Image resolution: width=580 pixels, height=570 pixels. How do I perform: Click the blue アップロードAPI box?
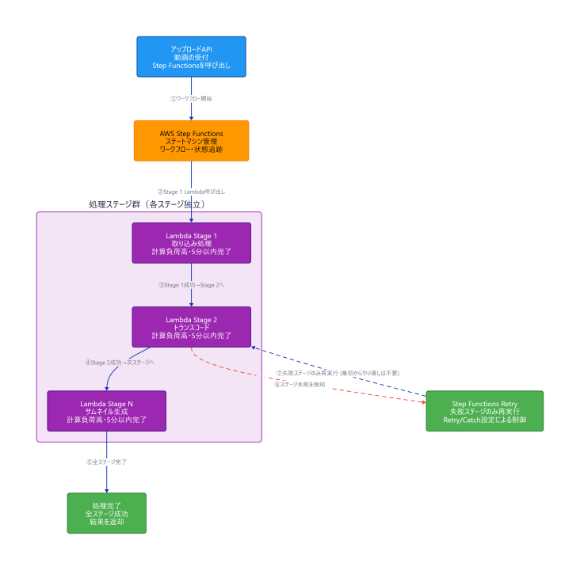[x=191, y=56]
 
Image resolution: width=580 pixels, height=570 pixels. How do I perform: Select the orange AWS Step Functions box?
[x=191, y=141]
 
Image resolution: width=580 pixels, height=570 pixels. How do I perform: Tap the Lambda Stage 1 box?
[x=191, y=243]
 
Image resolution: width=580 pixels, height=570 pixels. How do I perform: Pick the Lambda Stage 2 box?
[x=191, y=327]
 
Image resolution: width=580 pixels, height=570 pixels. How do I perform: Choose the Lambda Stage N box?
[x=106, y=411]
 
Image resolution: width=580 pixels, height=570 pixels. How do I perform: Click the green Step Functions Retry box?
[x=485, y=411]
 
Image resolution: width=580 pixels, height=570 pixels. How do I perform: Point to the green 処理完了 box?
[x=106, y=513]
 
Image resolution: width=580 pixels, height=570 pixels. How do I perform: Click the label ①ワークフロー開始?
[x=191, y=99]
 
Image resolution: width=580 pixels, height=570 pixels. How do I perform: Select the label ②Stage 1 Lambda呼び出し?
[x=191, y=192]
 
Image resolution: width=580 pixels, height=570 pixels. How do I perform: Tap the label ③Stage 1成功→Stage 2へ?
[x=191, y=285]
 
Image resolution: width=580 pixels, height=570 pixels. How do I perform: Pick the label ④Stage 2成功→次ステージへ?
[x=120, y=363]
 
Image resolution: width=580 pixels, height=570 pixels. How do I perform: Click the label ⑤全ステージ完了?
[x=106, y=462]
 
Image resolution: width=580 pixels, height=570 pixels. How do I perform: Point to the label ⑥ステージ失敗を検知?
[x=300, y=385]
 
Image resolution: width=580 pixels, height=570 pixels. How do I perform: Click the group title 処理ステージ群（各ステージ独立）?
[x=147, y=204]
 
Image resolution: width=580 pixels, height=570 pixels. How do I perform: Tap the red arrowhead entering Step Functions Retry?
[x=424, y=402]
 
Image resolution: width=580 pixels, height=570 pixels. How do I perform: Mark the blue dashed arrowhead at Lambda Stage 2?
[x=254, y=348]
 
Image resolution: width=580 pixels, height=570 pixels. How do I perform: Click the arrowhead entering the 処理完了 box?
[x=106, y=491]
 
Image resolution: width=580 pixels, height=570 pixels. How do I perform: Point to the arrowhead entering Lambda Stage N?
[x=106, y=389]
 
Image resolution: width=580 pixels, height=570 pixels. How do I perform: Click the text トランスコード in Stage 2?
[x=191, y=328]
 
